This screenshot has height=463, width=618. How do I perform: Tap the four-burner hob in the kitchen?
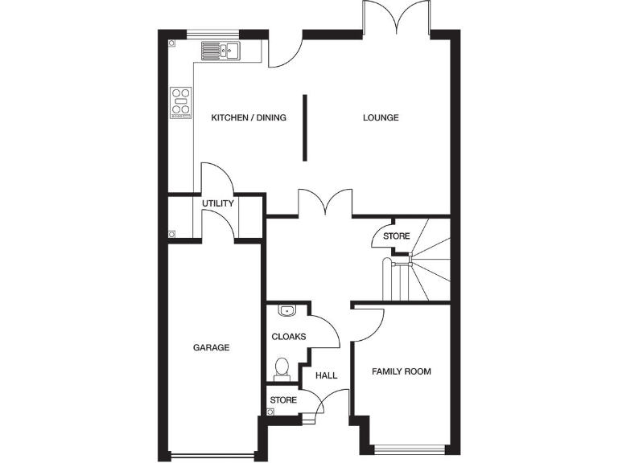pos(181,102)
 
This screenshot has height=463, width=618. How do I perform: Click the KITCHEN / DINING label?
pos(249,118)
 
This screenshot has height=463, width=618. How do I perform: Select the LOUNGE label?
pos(381,118)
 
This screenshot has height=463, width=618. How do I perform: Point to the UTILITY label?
pos(218,203)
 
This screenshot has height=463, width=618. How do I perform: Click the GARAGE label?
pos(211,348)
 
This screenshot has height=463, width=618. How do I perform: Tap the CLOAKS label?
pos(289,337)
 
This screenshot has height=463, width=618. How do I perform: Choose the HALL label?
pos(326,375)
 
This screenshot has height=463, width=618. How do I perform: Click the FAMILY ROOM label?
pos(401,371)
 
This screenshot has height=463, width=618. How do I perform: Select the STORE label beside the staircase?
pos(396,236)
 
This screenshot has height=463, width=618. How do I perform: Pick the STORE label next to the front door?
pos(283,399)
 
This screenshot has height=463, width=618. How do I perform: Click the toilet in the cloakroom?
pos(282,368)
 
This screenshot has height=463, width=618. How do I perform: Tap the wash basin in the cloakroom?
pos(286,310)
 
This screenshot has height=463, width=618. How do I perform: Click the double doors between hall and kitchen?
pos(326,203)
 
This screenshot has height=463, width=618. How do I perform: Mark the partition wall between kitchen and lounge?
pos(305,127)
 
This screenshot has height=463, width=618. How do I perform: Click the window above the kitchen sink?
pos(212,33)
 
